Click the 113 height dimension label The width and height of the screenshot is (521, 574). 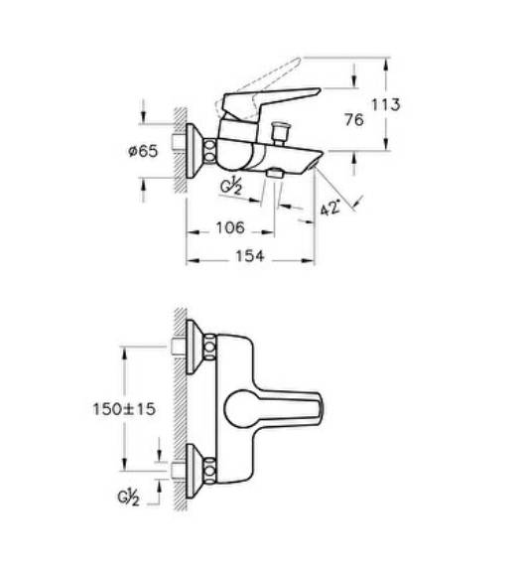click(x=386, y=104)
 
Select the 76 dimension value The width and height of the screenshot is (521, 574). click(x=354, y=120)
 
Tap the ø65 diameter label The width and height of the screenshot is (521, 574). click(x=143, y=151)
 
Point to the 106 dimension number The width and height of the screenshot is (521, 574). click(x=230, y=227)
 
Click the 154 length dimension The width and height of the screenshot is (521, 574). click(x=249, y=256)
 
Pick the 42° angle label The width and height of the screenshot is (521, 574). click(x=330, y=208)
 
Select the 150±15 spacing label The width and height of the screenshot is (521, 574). click(x=124, y=409)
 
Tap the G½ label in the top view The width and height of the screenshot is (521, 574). click(x=128, y=498)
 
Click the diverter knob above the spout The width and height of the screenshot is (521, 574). click(x=281, y=131)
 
